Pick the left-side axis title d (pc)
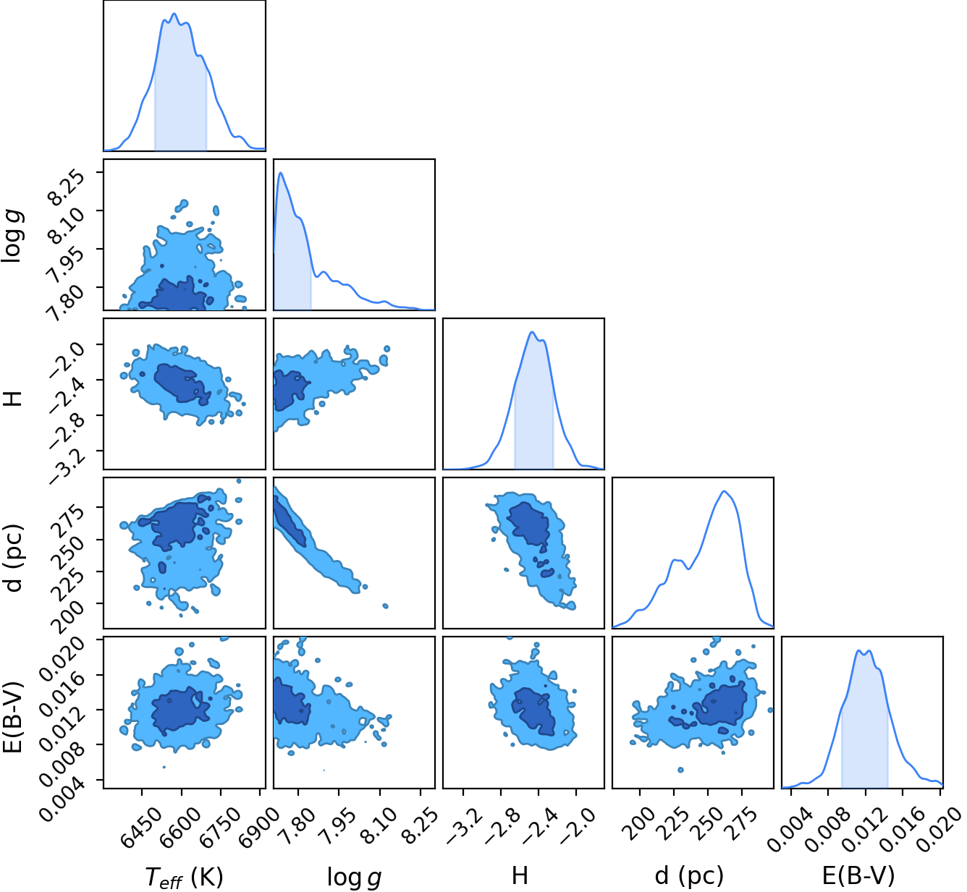tap(14, 558)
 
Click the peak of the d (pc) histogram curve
tap(724, 490)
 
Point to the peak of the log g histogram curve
tap(280, 173)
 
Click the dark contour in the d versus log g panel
tap(290, 520)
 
